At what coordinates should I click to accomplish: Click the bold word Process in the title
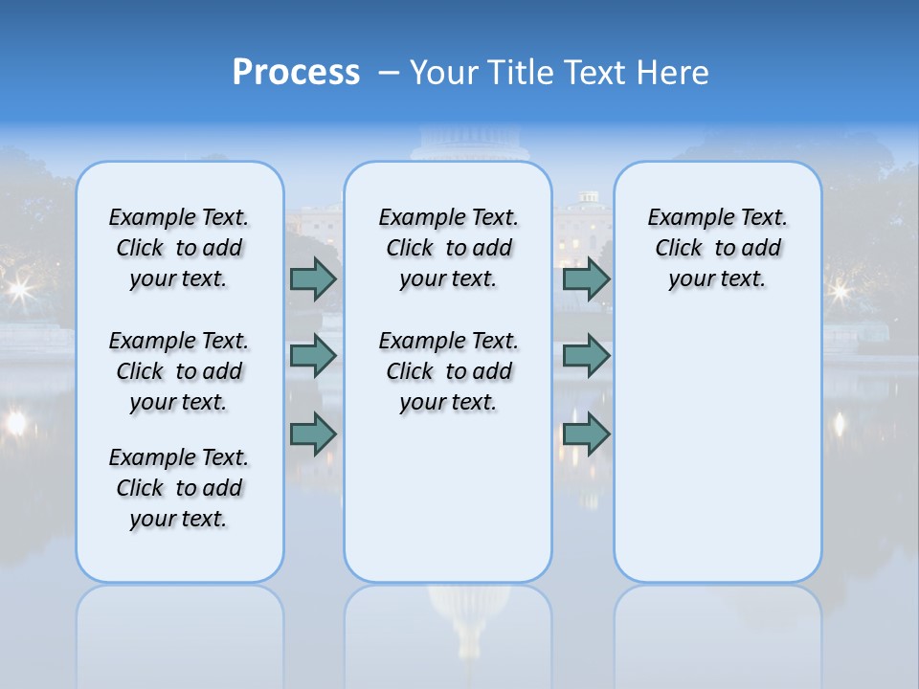click(x=296, y=73)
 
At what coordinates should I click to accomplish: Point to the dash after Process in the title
click(x=389, y=73)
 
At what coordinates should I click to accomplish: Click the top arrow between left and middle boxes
click(x=313, y=278)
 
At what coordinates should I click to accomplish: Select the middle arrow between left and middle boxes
click(x=313, y=356)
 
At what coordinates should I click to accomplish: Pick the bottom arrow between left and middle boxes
click(x=313, y=434)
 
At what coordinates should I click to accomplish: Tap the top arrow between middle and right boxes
click(x=586, y=278)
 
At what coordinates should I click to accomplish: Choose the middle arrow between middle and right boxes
click(x=586, y=356)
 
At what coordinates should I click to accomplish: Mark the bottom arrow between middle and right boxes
click(x=586, y=434)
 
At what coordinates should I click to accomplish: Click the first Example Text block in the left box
click(x=179, y=248)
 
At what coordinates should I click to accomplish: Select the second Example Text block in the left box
click(x=179, y=371)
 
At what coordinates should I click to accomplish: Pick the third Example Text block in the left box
click(x=179, y=488)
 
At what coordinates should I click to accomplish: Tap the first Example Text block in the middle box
click(x=448, y=248)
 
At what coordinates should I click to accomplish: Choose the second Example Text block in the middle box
click(x=448, y=371)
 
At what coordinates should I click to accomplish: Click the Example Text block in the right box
click(x=717, y=248)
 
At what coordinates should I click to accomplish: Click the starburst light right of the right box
click(x=841, y=288)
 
